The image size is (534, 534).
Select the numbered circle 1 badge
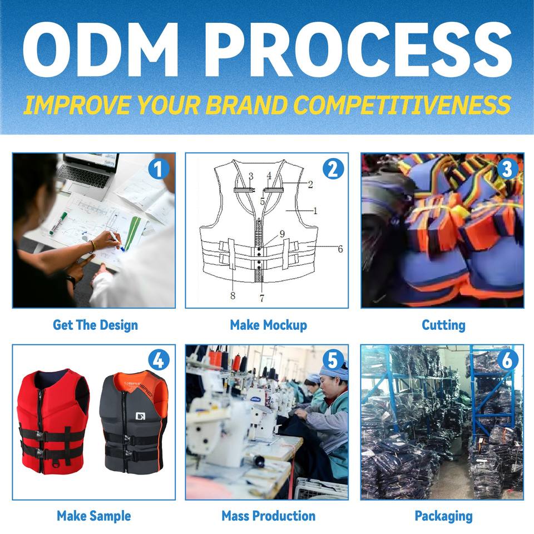pos(159,169)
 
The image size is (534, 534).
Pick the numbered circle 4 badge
pos(159,360)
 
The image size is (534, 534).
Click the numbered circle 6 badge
pos(506,360)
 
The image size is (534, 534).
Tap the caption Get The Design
pos(95,325)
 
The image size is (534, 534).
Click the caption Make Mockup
pos(268,325)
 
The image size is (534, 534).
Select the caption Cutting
pos(443,325)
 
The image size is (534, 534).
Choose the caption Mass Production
pos(268,516)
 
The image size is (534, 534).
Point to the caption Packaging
pos(443,516)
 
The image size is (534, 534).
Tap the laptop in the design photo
pos(89,172)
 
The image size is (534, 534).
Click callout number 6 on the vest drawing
pos(340,249)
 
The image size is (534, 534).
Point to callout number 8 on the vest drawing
pos(233,295)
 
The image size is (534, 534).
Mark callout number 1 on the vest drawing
pos(315,211)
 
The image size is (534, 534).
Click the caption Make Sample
pos(93,516)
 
